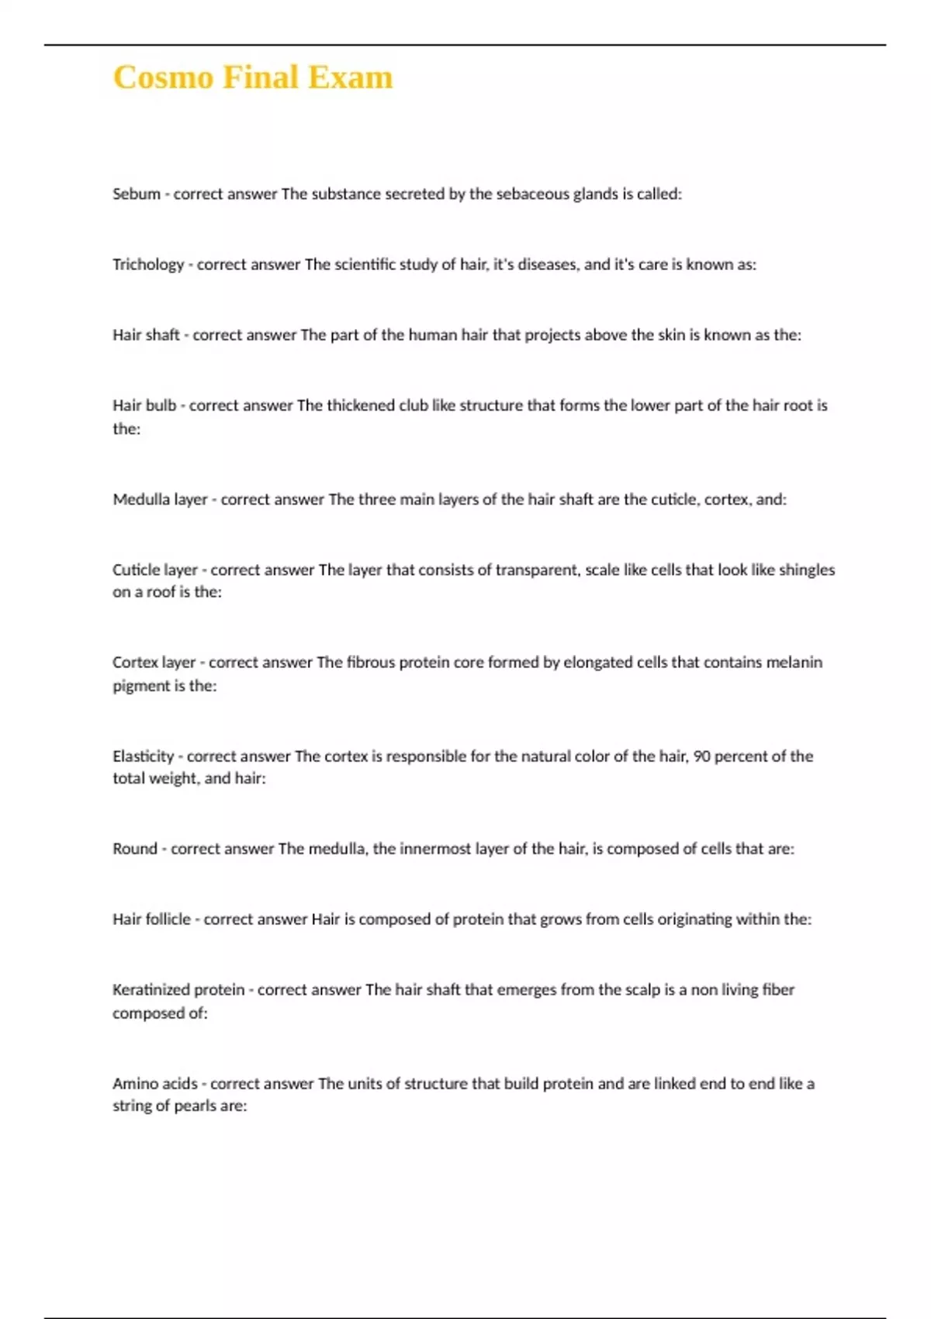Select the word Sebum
137,194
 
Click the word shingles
807,569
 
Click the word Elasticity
144,756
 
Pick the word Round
135,849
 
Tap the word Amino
135,1084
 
